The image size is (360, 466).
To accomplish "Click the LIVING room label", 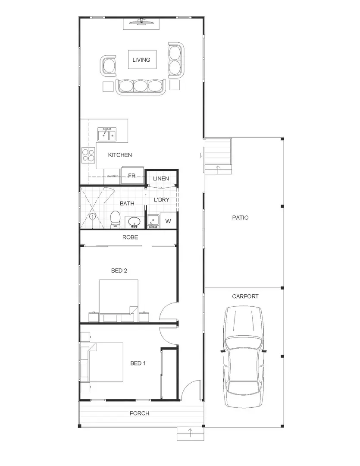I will [x=141, y=60].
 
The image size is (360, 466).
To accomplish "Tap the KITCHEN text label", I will [x=120, y=155].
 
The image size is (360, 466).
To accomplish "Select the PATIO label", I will [x=240, y=218].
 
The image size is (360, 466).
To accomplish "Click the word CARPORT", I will [x=245, y=296].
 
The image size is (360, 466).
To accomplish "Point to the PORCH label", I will [x=139, y=413].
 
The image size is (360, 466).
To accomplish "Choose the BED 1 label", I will [x=138, y=363].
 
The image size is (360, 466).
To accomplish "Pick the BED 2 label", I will [x=119, y=271].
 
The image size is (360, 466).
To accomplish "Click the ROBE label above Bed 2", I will [x=130, y=237].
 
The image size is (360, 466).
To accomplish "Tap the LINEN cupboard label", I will [x=161, y=179].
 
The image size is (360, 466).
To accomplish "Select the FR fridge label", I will [x=132, y=176].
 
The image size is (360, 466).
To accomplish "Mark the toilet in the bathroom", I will [x=115, y=219].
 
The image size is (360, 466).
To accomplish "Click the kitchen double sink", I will [x=107, y=135].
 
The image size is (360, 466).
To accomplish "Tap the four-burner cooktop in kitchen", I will [x=88, y=155].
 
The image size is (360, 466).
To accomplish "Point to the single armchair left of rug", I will [x=108, y=66].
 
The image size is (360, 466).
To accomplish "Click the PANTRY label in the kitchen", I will [x=113, y=176].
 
